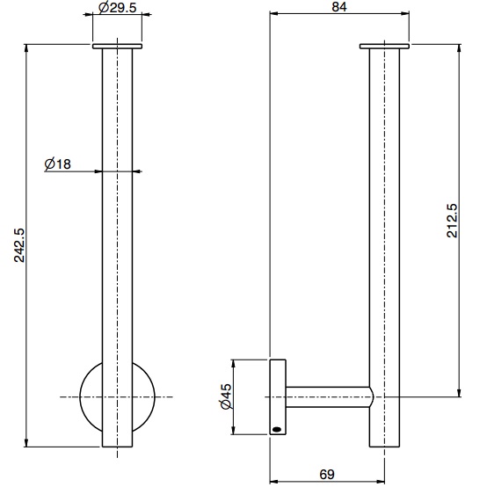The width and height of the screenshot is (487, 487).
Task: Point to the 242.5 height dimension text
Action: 18,247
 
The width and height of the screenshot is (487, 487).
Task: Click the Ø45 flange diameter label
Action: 225,398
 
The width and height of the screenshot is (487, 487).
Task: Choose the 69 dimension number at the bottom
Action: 326,475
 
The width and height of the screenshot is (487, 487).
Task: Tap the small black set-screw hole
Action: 279,429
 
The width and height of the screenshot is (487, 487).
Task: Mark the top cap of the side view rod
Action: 384,46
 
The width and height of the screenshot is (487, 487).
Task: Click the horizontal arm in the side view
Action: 330,397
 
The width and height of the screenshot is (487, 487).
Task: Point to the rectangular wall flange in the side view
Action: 277,397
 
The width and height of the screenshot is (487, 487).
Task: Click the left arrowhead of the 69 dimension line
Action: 273,481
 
